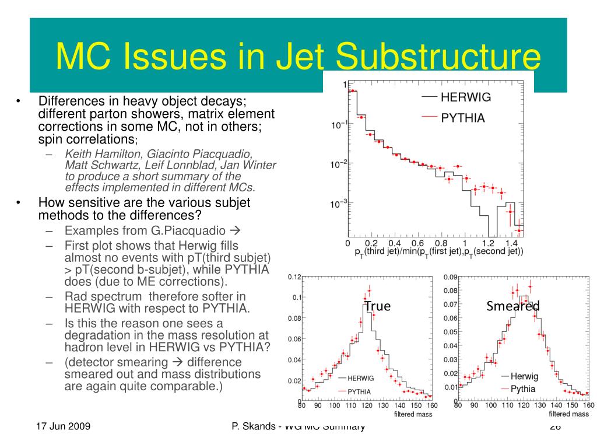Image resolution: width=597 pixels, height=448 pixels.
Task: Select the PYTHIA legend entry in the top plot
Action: pyautogui.click(x=463, y=118)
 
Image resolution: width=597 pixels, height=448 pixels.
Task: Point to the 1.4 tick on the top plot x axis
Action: pyautogui.click(x=511, y=243)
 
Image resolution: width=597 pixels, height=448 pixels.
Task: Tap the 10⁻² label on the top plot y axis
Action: pyautogui.click(x=339, y=165)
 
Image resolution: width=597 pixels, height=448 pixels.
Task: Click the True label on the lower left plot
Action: pyautogui.click(x=377, y=306)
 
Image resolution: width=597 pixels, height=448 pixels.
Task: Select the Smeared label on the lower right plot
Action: pyautogui.click(x=513, y=306)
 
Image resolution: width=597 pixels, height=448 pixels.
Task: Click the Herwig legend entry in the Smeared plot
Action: pyautogui.click(x=524, y=376)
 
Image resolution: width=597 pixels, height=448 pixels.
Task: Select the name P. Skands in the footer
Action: pyautogui.click(x=254, y=426)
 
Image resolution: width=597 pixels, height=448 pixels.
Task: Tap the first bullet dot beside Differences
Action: pyautogui.click(x=18, y=101)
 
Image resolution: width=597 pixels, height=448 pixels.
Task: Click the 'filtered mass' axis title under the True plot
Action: pyautogui.click(x=412, y=414)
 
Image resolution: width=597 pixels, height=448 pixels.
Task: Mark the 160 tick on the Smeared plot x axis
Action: pyautogui.click(x=588, y=405)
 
